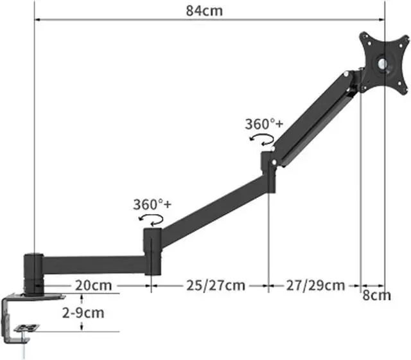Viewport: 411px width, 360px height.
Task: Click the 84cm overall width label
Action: pyautogui.click(x=204, y=11)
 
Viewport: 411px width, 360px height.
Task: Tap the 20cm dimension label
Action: pyautogui.click(x=93, y=285)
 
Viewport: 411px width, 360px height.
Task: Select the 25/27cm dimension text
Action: pyautogui.click(x=216, y=285)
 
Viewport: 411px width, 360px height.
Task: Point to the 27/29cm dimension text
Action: pyautogui.click(x=315, y=285)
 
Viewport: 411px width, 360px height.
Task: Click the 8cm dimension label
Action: pyautogui.click(x=377, y=295)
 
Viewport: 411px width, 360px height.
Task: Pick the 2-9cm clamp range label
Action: pyautogui.click(x=83, y=312)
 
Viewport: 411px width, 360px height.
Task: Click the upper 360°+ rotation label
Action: pyautogui.click(x=264, y=124)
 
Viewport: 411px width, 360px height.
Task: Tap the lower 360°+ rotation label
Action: pyautogui.click(x=152, y=204)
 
